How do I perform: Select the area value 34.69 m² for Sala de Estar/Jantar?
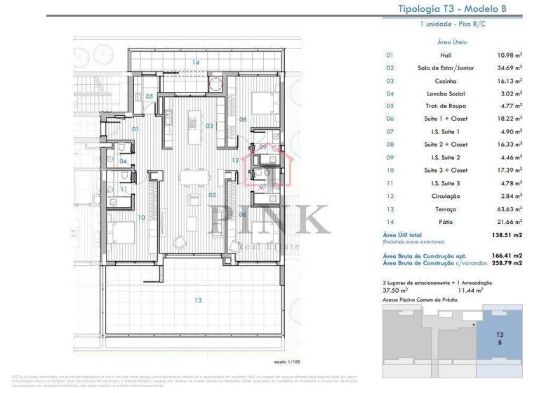point(509,68)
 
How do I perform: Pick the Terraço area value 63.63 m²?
point(509,209)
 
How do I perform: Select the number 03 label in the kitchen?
point(209,126)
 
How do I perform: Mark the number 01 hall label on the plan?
point(135,129)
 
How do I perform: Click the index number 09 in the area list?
point(390,158)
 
